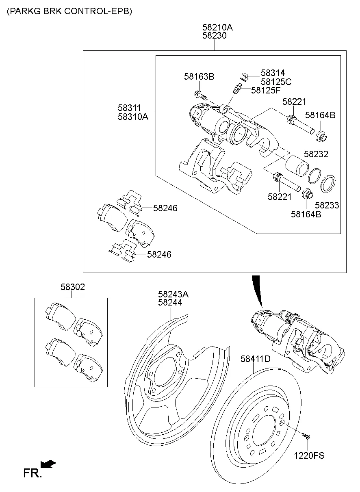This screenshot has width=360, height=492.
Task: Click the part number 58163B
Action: pos(199,76)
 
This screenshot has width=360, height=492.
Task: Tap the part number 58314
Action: pos(273,73)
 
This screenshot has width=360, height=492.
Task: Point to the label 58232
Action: pos(316,154)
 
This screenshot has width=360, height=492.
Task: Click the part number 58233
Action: pos(327,206)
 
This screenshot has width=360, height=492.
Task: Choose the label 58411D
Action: pos(255,359)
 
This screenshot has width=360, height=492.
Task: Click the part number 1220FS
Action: pos(309,455)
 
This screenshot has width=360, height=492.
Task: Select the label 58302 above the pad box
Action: pos(73,287)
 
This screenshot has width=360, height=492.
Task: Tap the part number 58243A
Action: pos(173,294)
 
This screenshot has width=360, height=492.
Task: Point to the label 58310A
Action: pos(133,117)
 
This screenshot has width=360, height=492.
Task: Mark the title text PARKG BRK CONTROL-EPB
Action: pos(69,11)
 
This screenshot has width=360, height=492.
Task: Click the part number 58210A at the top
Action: pos(217,27)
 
